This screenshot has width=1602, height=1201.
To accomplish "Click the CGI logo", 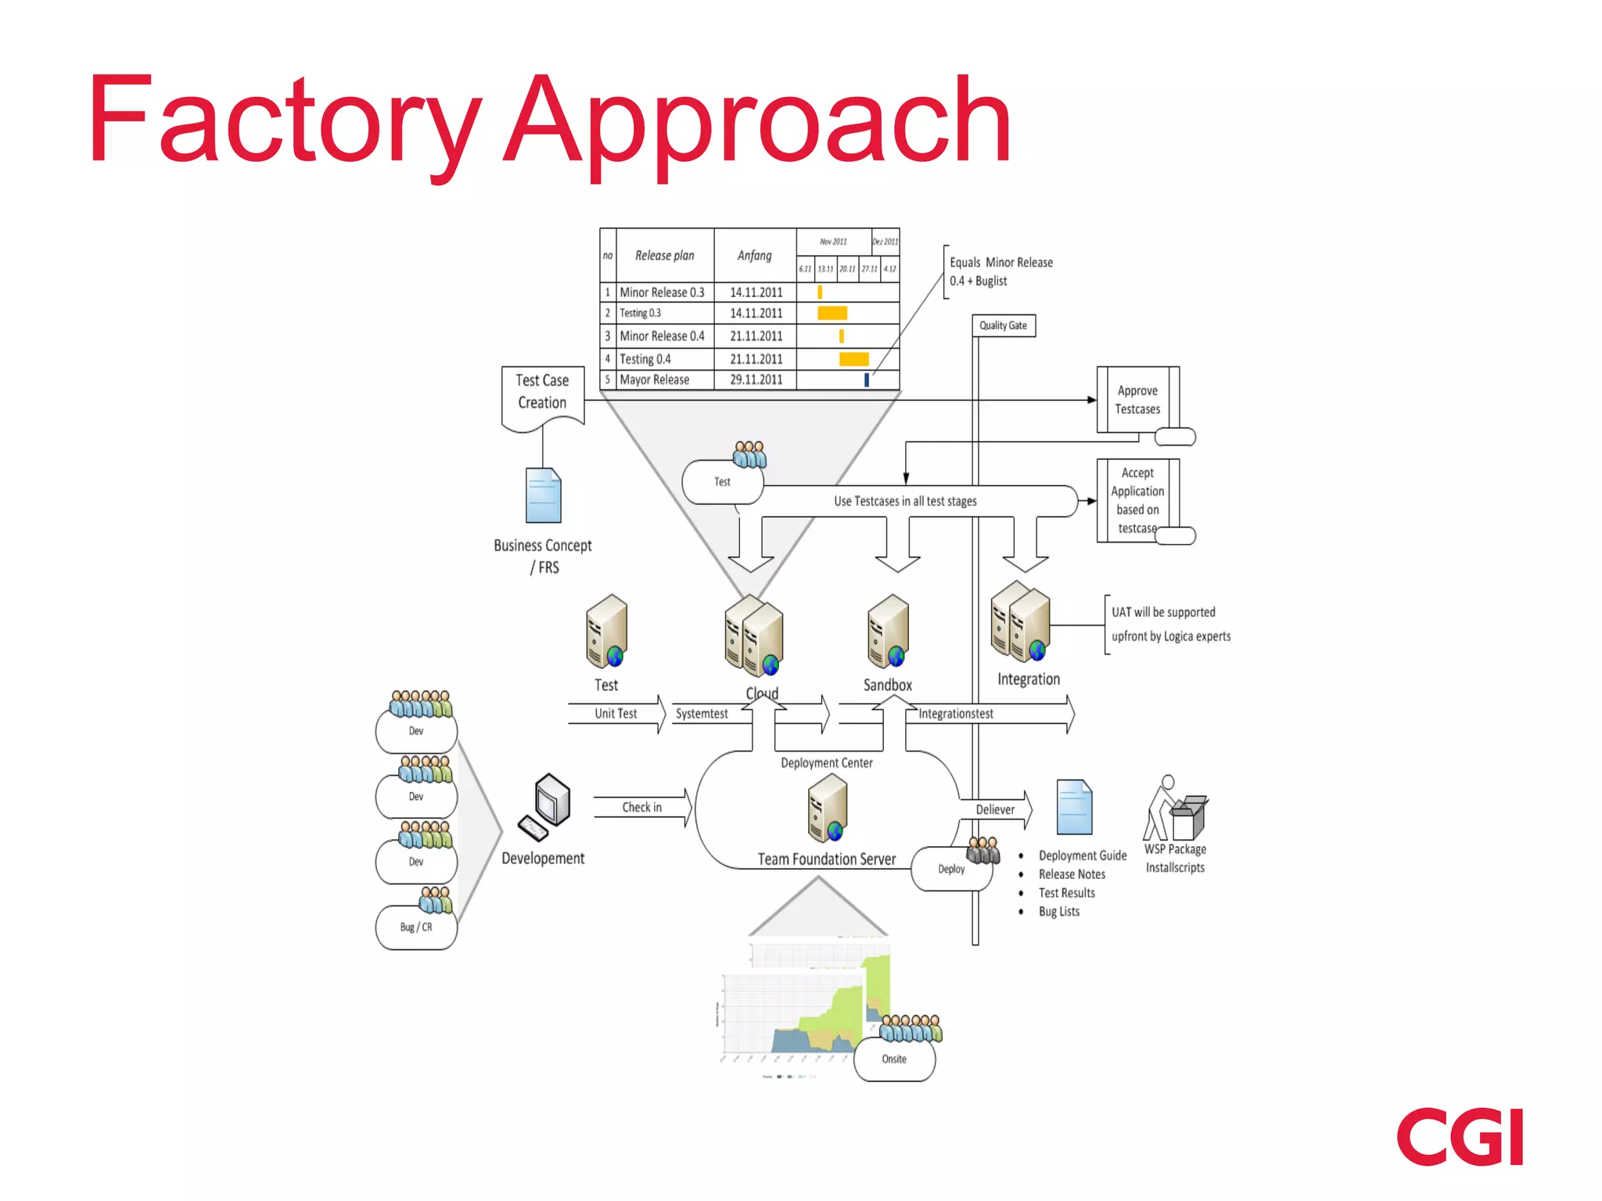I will pos(1460,1136).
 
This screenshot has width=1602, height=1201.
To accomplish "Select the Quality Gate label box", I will pos(1003,325).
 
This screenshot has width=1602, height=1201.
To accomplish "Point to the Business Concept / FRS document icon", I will pos(544,495).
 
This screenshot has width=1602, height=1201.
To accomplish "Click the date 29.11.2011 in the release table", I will pos(756,380).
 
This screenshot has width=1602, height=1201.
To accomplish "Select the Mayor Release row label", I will pos(655,380).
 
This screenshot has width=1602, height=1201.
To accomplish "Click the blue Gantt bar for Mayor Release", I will pos(866,380).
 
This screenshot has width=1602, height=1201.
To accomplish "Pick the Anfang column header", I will pos(754,256).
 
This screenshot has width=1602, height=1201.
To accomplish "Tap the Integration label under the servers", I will pos(1028,679).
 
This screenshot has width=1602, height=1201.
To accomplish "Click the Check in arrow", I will pos(642,807).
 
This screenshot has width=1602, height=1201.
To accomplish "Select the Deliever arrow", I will pos(995,809).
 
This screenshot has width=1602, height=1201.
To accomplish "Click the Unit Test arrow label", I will pos(616,713).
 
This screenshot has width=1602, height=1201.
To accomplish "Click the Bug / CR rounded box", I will pos(416,927).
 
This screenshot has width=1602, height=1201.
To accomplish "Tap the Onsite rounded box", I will pos(894,1059).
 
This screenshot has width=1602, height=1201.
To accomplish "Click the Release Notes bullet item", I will pos(1072,874).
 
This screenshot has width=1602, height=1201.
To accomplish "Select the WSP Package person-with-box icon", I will pos(1175,808).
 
